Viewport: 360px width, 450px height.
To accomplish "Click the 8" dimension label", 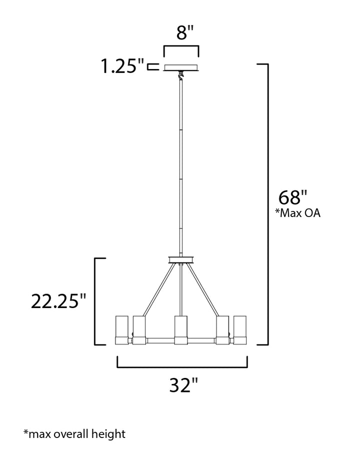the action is click(185, 32).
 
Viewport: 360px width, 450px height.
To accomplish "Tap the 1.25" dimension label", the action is click(122, 66).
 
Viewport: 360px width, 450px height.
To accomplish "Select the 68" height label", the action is click(292, 197).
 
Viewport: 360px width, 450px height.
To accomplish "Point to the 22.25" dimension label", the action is click(58, 301).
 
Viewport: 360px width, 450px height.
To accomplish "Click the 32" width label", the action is click(183, 385).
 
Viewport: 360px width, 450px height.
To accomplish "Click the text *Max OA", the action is click(297, 213).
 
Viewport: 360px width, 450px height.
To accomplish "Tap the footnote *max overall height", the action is click(74, 433).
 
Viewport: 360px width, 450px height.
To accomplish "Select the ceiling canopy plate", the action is click(181, 67).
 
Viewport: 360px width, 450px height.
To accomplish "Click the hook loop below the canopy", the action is click(180, 75).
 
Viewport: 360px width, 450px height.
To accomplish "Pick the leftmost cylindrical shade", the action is click(122, 330).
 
